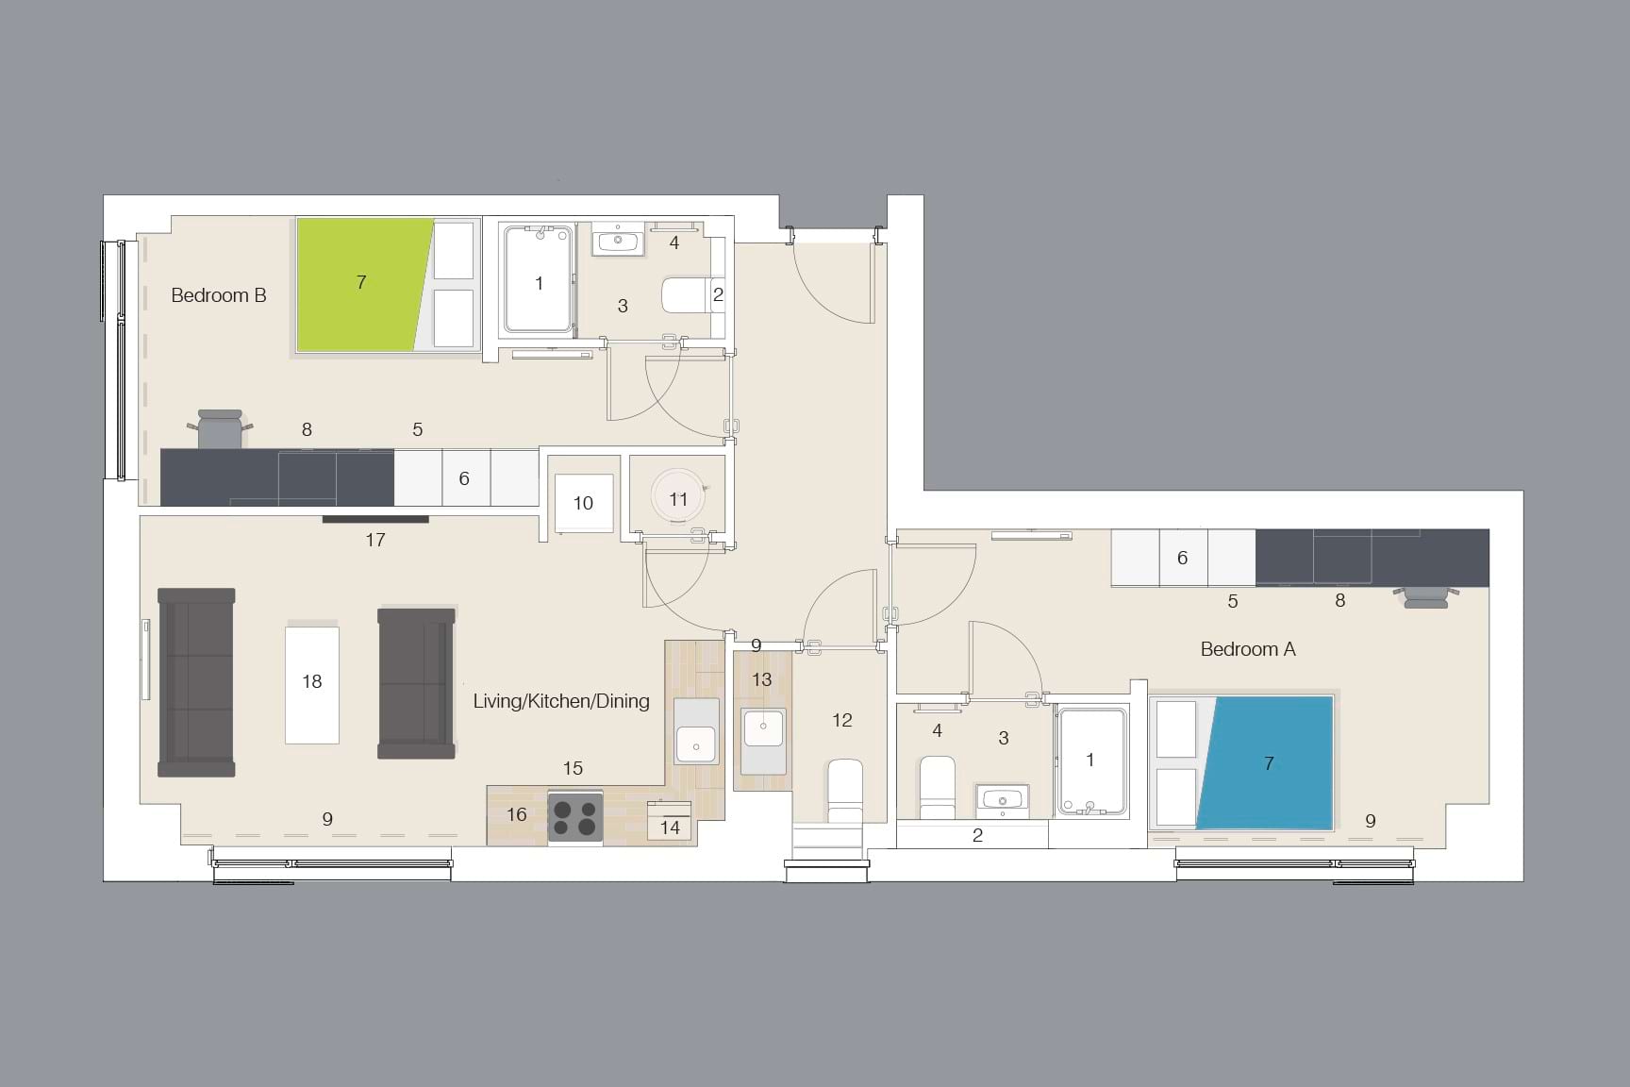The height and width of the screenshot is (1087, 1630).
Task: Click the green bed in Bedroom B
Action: pyautogui.click(x=358, y=283)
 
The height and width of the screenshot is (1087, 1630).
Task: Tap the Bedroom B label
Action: pyautogui.click(x=219, y=295)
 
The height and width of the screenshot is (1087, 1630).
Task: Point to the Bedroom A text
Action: pyautogui.click(x=1247, y=649)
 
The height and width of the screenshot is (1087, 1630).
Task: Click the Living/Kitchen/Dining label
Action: pyautogui.click(x=561, y=701)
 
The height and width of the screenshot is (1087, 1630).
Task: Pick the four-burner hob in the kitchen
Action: pyautogui.click(x=575, y=816)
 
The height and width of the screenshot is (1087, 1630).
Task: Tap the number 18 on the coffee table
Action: pyautogui.click(x=312, y=681)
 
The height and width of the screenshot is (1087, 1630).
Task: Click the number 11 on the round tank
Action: pyautogui.click(x=678, y=499)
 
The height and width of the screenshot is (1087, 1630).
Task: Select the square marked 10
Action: pyautogui.click(x=583, y=503)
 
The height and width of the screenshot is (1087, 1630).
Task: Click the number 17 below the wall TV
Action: pyautogui.click(x=375, y=540)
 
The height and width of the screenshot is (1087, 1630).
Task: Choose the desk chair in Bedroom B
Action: pyautogui.click(x=222, y=428)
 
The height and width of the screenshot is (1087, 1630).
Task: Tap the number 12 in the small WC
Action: pyautogui.click(x=841, y=721)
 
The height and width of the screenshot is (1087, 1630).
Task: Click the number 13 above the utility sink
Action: pyautogui.click(x=761, y=679)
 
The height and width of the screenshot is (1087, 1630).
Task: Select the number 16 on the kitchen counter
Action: pyautogui.click(x=516, y=814)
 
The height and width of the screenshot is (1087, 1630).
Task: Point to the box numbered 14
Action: pyautogui.click(x=669, y=822)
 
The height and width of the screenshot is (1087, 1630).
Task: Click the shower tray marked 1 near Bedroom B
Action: pyautogui.click(x=538, y=280)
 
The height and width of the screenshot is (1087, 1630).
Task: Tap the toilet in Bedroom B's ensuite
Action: pyautogui.click(x=684, y=294)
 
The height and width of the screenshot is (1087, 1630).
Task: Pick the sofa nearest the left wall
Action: pyautogui.click(x=196, y=682)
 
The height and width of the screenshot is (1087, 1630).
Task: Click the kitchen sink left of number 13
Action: pyautogui.click(x=696, y=744)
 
